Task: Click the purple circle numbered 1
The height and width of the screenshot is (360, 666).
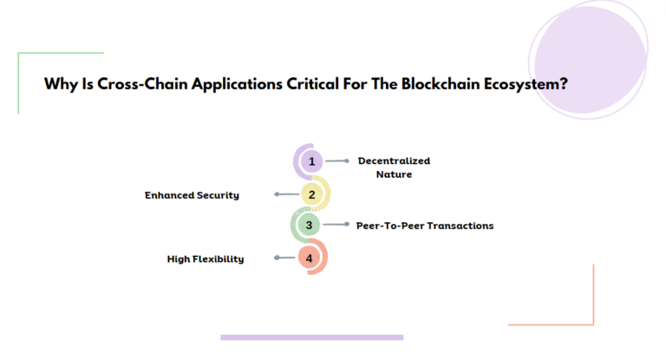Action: [310, 161]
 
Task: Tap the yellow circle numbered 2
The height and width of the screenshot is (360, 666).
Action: [310, 195]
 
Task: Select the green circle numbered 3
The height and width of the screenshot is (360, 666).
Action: [310, 226]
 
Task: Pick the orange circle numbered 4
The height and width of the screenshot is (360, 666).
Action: [310, 258]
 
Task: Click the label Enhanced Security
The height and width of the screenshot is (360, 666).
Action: [192, 195]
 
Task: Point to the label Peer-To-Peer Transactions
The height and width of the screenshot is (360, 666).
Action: [425, 226]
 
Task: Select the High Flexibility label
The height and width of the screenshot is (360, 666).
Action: [205, 259]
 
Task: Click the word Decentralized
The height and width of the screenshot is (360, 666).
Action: [394, 160]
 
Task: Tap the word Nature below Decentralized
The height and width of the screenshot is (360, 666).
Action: [394, 174]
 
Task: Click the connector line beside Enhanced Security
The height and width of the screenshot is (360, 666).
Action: [286, 195]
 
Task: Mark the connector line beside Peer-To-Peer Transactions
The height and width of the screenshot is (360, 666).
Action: [335, 226]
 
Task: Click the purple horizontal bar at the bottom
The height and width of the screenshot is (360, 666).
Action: [311, 337]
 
